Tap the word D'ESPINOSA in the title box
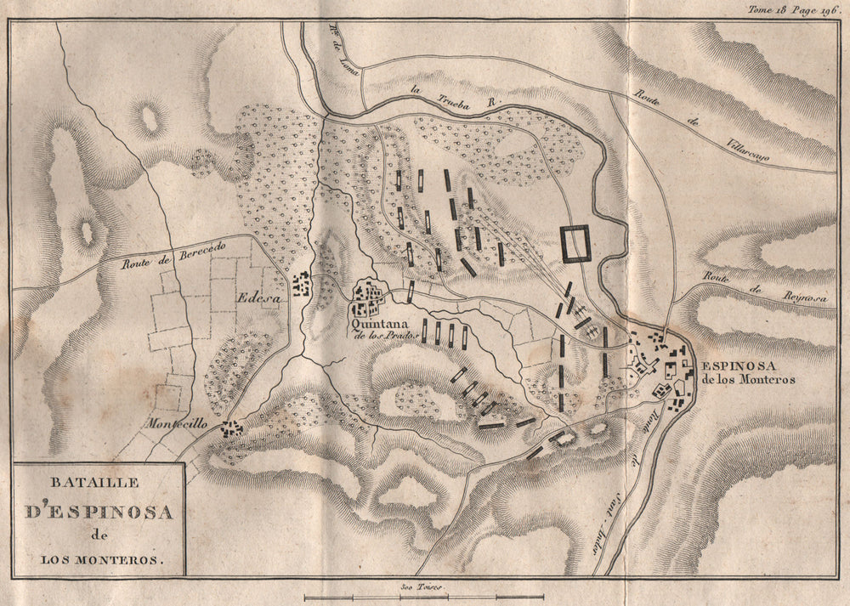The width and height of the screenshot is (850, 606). [x=99, y=513]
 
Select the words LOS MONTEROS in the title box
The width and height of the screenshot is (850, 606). [x=99, y=560]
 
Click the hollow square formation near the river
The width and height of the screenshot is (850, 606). [x=575, y=244]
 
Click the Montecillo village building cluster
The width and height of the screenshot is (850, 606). [x=230, y=429]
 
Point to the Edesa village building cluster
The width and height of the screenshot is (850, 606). [x=300, y=285]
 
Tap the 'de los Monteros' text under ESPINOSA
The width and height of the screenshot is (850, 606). [x=749, y=381]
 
